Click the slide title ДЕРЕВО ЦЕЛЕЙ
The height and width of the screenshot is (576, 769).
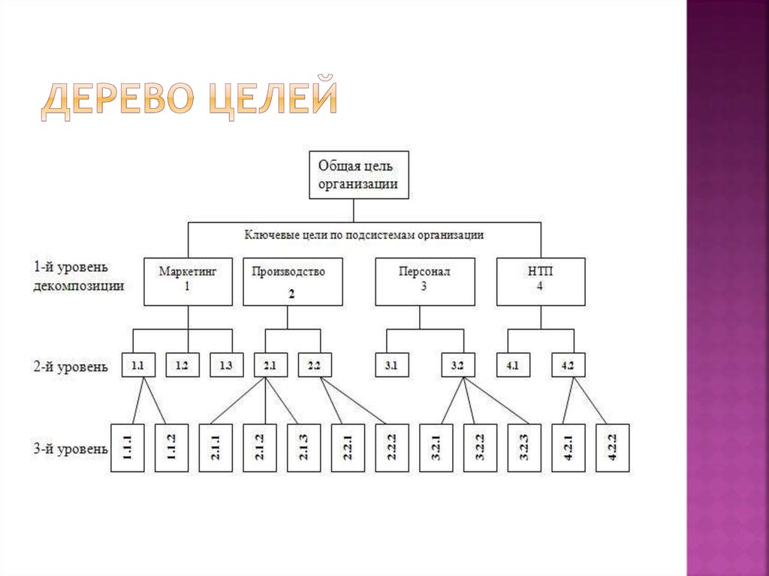point(188,103)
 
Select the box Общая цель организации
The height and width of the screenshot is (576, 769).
point(359,175)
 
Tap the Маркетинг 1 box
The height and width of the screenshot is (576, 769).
point(188,282)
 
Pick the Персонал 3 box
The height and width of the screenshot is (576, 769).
point(424,282)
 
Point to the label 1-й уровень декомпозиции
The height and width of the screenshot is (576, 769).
point(79,276)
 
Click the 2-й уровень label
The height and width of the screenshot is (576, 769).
point(70,368)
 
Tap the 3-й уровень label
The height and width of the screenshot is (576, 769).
point(70,449)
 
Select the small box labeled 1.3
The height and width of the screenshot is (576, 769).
point(226,366)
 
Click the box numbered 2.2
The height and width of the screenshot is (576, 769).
point(314,366)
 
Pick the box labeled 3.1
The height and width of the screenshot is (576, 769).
point(391,366)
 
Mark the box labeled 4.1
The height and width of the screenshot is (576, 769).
point(513,366)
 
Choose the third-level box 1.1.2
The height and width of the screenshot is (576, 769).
point(171,448)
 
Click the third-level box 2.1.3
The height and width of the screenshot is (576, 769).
point(303,448)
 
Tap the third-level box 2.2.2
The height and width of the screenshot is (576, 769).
point(391,448)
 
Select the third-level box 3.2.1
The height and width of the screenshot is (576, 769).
point(436,448)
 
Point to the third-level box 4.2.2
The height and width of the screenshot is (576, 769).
point(612,448)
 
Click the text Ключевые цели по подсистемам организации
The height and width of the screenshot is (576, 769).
point(363,234)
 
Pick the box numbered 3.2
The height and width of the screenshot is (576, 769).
point(458,366)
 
